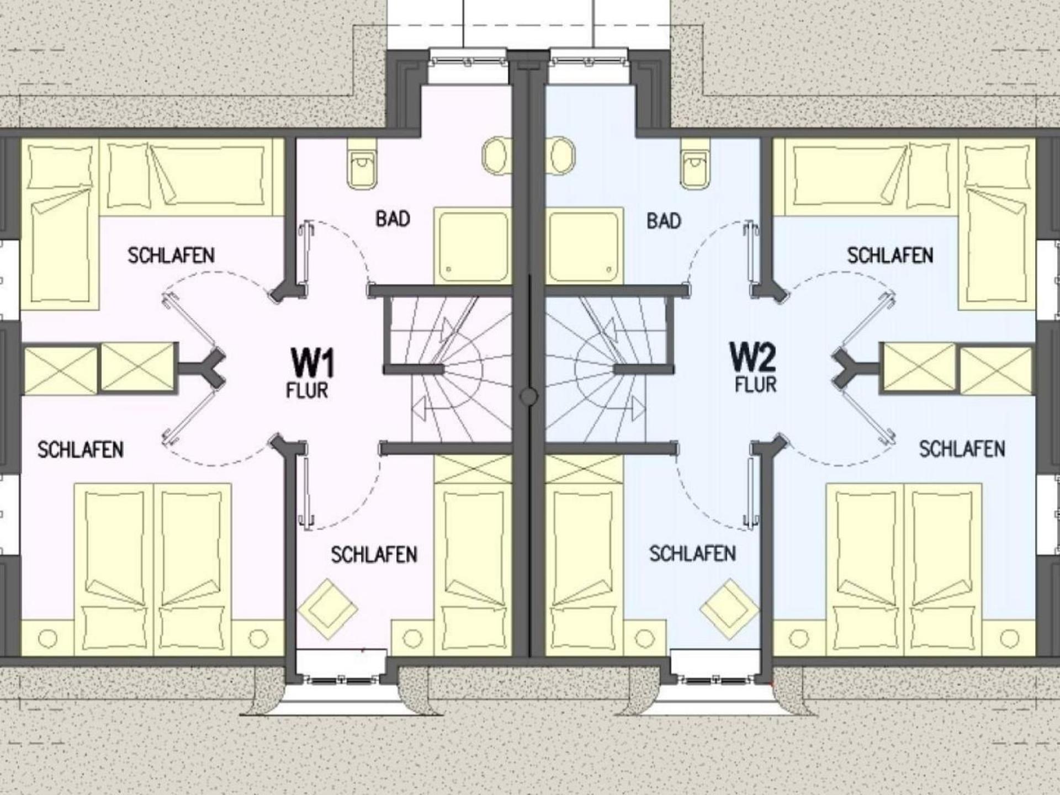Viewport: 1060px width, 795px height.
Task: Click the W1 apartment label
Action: (312, 362)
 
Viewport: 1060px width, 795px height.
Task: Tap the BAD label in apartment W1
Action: (393, 219)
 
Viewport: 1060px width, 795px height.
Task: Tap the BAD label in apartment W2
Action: (664, 221)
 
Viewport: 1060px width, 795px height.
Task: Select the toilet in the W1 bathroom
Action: (362, 161)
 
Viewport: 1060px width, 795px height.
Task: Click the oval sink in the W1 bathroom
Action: (497, 155)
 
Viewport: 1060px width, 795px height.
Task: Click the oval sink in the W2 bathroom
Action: (560, 155)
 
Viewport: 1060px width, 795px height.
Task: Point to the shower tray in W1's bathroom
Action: (473, 246)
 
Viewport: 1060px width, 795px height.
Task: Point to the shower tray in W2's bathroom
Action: (584, 246)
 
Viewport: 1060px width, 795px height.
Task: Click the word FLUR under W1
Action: (307, 390)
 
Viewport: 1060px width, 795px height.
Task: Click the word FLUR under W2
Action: (755, 384)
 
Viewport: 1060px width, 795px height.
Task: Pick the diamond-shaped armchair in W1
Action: (327, 609)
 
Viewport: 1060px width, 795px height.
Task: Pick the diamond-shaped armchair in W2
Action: (730, 609)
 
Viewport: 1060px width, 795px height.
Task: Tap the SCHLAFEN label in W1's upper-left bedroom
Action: (171, 256)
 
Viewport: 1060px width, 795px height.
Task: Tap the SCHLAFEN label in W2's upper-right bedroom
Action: (890, 256)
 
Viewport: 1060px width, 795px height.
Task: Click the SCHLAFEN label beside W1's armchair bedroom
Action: (374, 554)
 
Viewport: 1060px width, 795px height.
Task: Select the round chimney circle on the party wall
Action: (529, 396)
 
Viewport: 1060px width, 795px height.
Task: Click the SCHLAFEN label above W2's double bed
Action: (962, 449)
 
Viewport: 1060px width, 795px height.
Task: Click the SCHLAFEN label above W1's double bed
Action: (81, 449)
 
